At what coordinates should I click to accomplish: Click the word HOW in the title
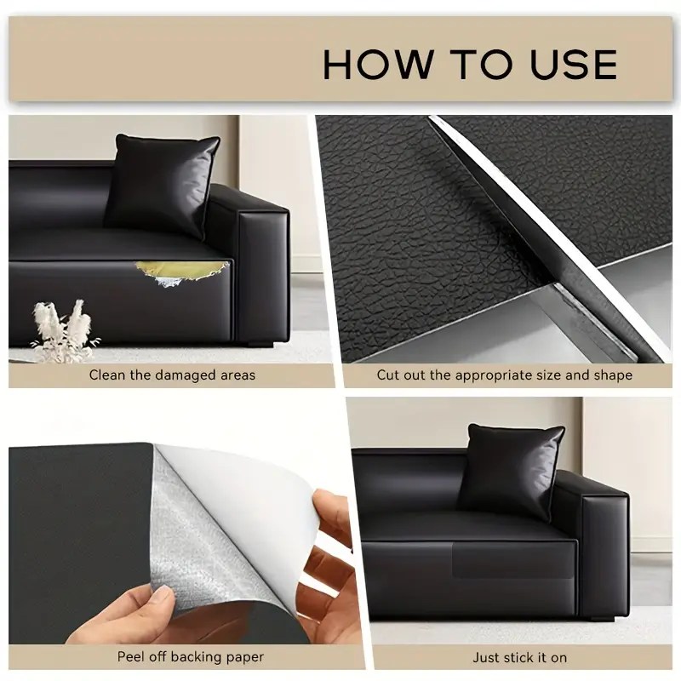[x=378, y=65]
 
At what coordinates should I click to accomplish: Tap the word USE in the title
[x=573, y=65]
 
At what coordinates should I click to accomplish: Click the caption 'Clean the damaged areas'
[x=172, y=375]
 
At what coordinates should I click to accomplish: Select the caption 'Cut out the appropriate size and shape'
[x=504, y=375]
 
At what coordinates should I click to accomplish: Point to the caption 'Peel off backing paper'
[x=190, y=656]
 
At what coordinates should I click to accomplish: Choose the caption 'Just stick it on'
[x=520, y=657]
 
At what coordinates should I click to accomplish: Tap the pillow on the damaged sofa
[x=163, y=186]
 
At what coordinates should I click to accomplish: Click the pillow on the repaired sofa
[x=512, y=472]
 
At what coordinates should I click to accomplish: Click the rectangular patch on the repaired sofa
[x=513, y=560]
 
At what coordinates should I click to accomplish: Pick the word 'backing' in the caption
[x=193, y=657]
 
